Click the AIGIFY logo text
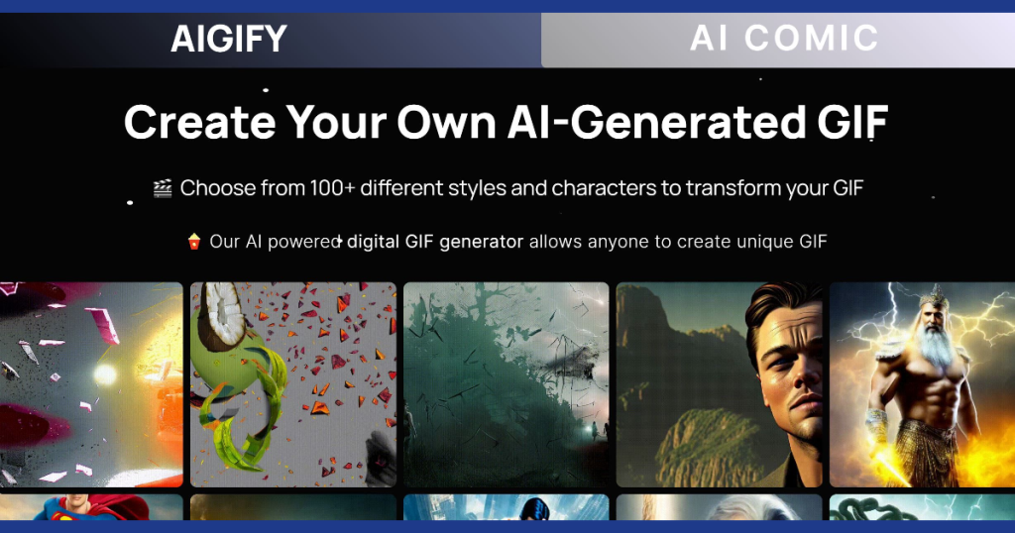[x=229, y=39]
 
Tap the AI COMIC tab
[x=784, y=39]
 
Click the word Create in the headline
[x=200, y=122]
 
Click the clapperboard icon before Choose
[x=163, y=188]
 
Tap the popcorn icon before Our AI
[x=194, y=242]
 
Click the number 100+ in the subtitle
[x=332, y=188]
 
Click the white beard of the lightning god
[x=932, y=346]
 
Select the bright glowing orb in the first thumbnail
[x=104, y=373]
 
